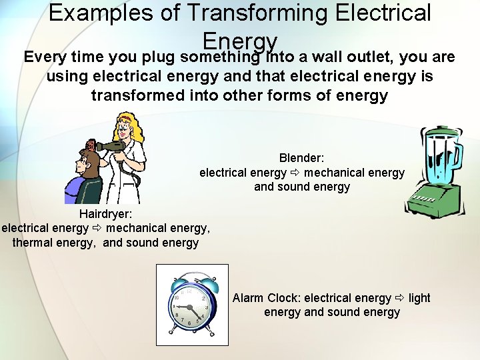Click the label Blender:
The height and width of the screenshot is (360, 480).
(301, 158)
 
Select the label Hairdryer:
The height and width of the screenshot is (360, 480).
(105, 214)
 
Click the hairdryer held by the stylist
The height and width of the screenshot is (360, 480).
(111, 145)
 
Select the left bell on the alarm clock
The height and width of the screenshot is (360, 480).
(181, 284)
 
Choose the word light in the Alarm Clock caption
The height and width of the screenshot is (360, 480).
(419, 298)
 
